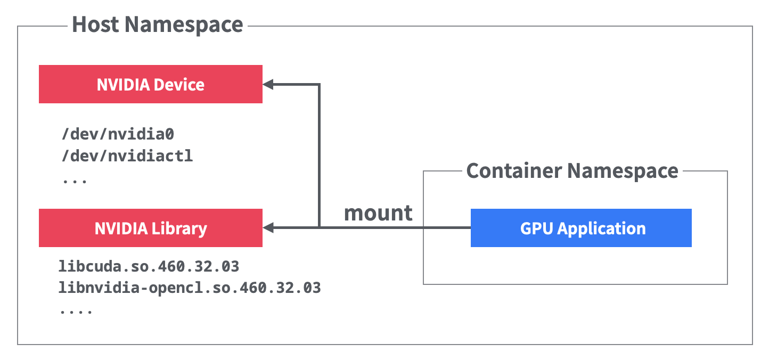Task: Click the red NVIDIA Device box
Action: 151,84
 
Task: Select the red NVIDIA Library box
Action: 151,228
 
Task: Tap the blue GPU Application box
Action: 581,228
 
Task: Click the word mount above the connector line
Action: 378,213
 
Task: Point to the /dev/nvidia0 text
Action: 118,134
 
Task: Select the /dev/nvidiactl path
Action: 127,156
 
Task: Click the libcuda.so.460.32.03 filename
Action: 149,265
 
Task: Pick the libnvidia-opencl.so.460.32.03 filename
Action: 190,288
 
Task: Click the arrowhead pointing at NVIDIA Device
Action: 268,84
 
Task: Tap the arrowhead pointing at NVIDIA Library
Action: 268,228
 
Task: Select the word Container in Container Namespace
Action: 514,171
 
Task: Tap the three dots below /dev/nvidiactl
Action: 75,181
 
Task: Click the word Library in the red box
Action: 181,228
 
